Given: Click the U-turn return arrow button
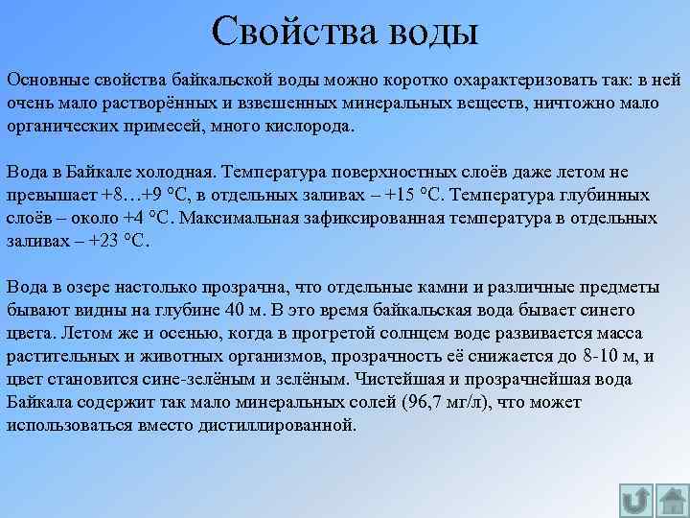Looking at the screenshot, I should point(634,500).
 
